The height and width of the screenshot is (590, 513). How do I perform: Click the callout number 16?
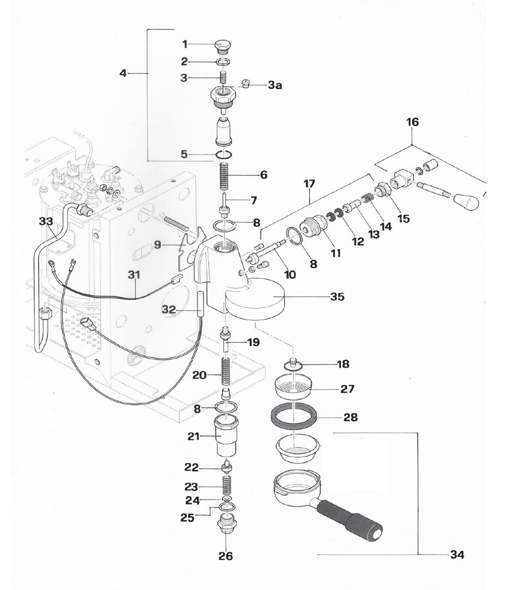click(x=412, y=123)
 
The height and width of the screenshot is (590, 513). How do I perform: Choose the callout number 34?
click(x=457, y=555)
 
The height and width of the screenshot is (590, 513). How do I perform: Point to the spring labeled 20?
click(x=226, y=373)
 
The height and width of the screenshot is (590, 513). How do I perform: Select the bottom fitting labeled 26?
click(x=226, y=529)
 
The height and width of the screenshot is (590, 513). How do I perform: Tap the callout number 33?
click(x=46, y=222)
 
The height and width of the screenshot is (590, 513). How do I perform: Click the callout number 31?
click(x=134, y=275)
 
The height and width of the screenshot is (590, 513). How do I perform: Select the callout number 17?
click(x=309, y=184)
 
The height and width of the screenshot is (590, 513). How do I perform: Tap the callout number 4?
click(x=123, y=73)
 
